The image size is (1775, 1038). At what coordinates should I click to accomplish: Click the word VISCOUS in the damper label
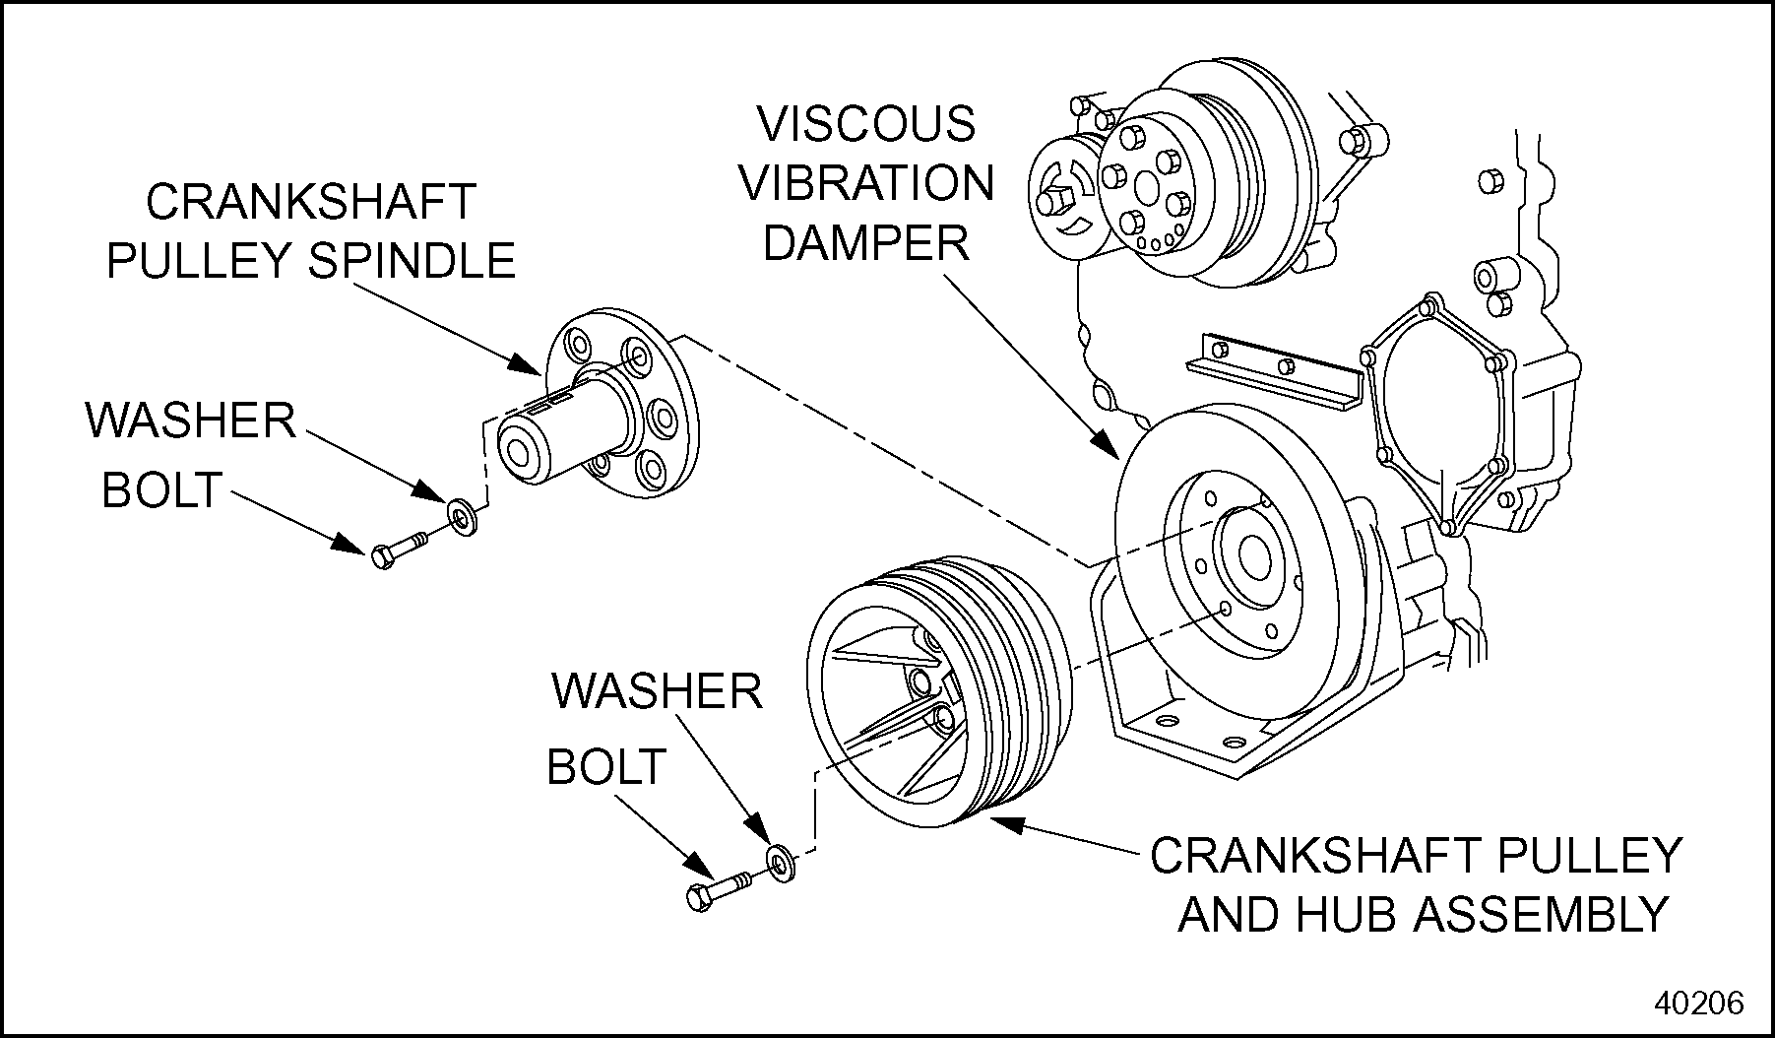864,125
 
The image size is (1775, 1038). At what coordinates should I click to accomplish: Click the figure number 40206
1700,1003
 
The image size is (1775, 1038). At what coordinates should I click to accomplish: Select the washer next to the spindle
460,515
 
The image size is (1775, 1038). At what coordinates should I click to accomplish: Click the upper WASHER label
191,421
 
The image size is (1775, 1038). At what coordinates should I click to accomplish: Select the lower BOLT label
606,768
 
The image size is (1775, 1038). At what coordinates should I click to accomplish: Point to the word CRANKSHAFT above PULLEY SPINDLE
311,203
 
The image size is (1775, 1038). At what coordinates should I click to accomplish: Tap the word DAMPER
866,243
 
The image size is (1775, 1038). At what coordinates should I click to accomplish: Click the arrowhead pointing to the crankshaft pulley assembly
1002,822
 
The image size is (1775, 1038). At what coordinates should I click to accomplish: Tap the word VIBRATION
866,184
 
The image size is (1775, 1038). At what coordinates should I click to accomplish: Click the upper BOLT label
161,489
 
